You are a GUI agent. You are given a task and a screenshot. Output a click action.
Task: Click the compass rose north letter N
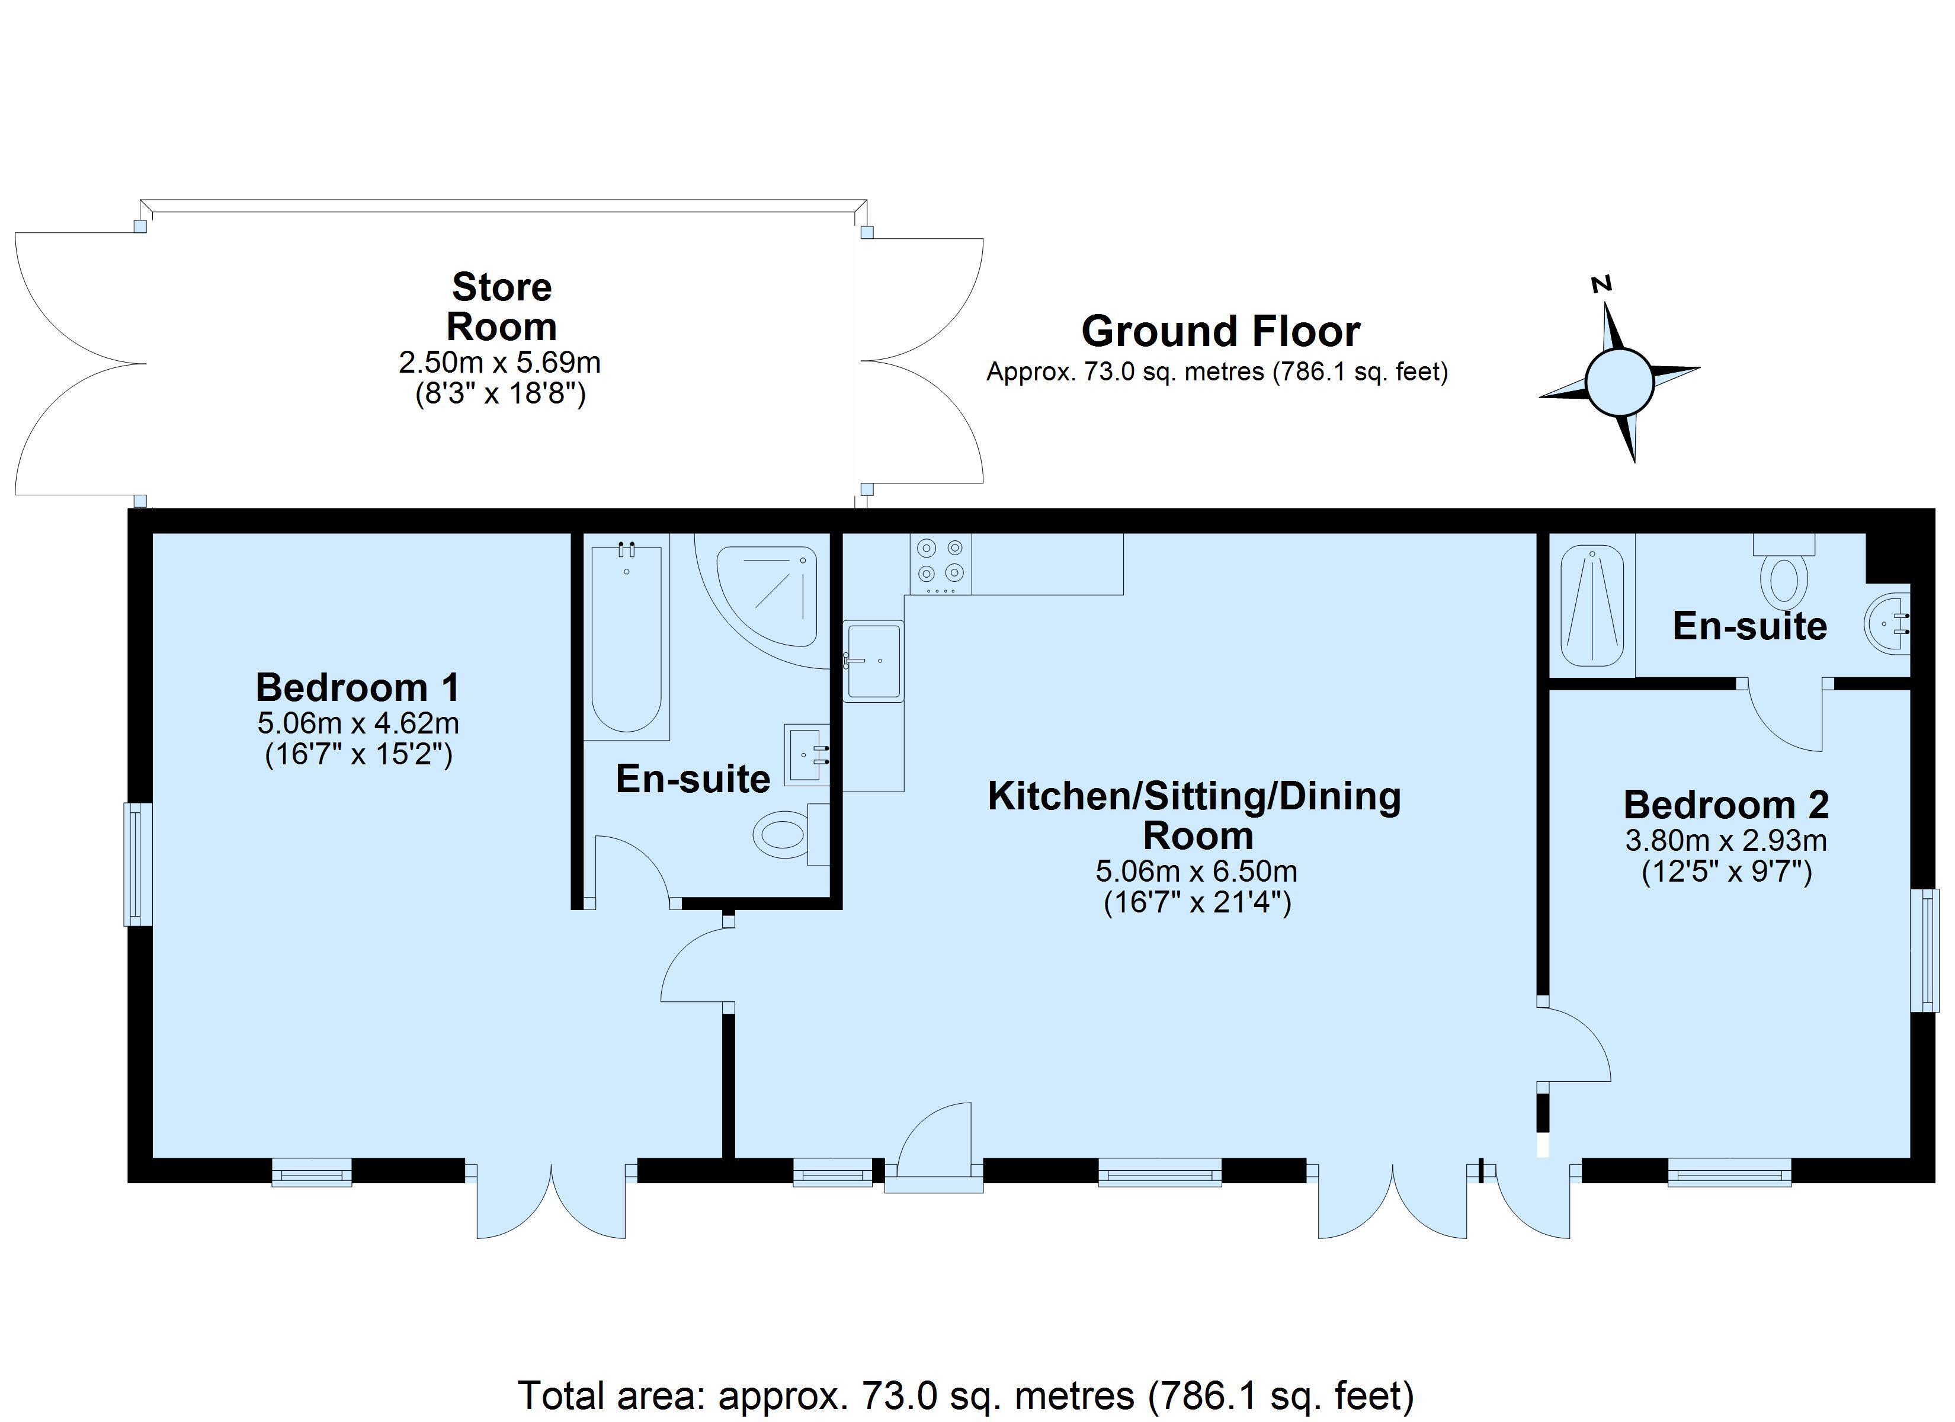(1601, 284)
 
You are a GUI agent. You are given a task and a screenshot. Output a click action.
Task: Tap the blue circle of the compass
(1620, 383)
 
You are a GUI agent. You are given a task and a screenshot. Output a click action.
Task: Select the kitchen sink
(873, 661)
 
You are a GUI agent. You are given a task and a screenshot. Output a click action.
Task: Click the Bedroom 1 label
(358, 687)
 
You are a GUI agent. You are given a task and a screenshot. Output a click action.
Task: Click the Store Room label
(502, 306)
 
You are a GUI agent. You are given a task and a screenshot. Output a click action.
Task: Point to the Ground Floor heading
(1220, 331)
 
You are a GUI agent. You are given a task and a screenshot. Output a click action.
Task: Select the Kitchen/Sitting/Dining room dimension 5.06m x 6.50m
(1197, 871)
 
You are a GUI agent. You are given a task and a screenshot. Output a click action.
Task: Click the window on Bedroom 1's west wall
(138, 864)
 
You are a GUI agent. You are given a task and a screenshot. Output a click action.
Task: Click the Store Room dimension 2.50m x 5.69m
(500, 362)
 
